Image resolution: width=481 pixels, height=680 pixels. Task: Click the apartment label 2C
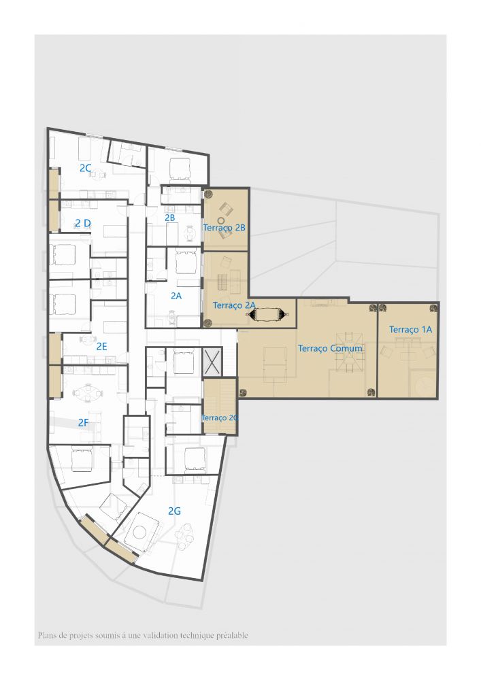coord(86,168)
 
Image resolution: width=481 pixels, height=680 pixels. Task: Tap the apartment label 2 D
coord(83,223)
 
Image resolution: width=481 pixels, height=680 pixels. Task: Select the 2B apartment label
coord(169,218)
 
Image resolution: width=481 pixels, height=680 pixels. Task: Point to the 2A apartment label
coord(176,296)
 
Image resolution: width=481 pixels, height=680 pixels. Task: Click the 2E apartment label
coord(101,346)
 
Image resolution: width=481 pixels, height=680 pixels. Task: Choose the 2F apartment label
coord(83,422)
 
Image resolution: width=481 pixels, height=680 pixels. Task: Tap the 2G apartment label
coord(174,511)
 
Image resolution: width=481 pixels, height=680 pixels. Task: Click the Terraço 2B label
coord(225,228)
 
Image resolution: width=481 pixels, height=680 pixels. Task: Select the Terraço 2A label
coord(234,305)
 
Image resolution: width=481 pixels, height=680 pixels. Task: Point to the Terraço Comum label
coord(330,348)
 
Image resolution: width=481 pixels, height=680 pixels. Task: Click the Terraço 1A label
coord(410,330)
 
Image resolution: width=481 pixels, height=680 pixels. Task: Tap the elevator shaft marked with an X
coord(212,362)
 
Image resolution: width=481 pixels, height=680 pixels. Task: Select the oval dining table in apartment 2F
coord(88,393)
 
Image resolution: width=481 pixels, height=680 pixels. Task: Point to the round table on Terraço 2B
coord(221,221)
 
